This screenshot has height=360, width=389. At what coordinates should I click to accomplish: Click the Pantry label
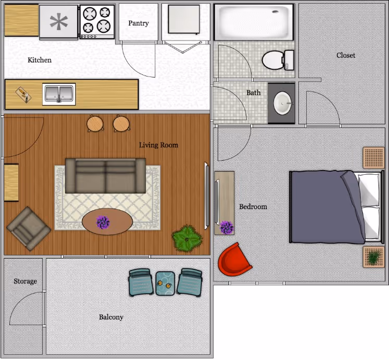pyautogui.click(x=139, y=23)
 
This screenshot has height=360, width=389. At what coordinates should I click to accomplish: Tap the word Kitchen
pyautogui.click(x=40, y=60)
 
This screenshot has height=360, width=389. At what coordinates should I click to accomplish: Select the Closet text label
pyautogui.click(x=346, y=55)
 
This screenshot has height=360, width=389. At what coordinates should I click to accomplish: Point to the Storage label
pyautogui.click(x=26, y=281)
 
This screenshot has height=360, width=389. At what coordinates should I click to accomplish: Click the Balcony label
pyautogui.click(x=111, y=317)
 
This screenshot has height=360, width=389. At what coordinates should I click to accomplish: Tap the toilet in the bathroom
pyautogui.click(x=278, y=60)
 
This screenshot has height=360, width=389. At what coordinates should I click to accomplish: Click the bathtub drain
pyautogui.click(x=275, y=11)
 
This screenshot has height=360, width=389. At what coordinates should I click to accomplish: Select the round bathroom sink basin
pyautogui.click(x=282, y=103)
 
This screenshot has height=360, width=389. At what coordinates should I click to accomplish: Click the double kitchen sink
pyautogui.click(x=59, y=94)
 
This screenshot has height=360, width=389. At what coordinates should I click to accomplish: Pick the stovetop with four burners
pyautogui.click(x=97, y=22)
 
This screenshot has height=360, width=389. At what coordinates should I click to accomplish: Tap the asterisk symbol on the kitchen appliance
pyautogui.click(x=59, y=22)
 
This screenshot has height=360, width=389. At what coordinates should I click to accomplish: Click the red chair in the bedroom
pyautogui.click(x=235, y=260)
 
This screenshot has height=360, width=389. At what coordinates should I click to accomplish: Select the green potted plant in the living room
pyautogui.click(x=187, y=238)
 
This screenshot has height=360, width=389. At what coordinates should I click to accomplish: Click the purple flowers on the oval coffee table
pyautogui.click(x=103, y=222)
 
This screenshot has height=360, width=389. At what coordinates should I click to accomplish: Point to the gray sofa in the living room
pyautogui.click(x=105, y=176)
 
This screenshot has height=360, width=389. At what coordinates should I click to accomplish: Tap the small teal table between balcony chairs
pyautogui.click(x=165, y=284)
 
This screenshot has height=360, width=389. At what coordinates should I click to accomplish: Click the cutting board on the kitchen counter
pyautogui.click(x=23, y=95)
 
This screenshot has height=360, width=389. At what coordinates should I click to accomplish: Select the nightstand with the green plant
pyautogui.click(x=373, y=257)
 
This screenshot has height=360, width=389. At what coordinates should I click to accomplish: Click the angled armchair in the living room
pyautogui.click(x=29, y=229)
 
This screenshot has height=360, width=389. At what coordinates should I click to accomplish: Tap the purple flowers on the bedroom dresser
pyautogui.click(x=227, y=227)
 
